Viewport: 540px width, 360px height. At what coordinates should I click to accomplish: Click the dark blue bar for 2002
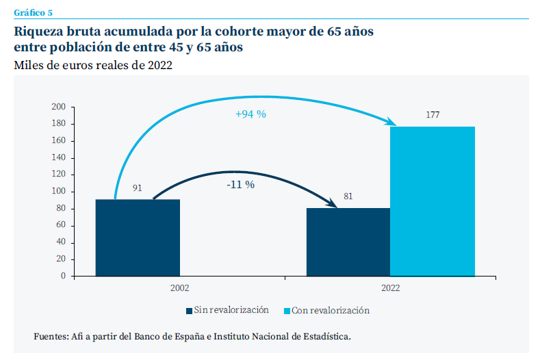[x=138, y=237]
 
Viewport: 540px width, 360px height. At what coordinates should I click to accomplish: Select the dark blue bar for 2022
[x=348, y=242]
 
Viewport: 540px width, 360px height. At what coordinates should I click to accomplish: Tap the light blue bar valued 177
[x=432, y=201]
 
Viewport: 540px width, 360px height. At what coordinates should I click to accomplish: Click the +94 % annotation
[x=250, y=115]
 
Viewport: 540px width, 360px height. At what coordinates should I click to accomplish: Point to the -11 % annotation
[x=240, y=184]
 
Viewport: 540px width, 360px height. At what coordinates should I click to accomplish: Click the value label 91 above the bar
[x=137, y=188]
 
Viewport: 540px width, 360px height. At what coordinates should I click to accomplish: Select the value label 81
[x=348, y=196]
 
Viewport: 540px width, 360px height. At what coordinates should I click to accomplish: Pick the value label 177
[x=432, y=115]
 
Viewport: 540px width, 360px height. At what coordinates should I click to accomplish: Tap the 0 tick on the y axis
[x=62, y=276]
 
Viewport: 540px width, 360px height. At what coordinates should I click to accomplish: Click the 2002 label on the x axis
[x=180, y=289]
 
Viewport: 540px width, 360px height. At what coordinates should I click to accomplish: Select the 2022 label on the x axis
[x=390, y=289]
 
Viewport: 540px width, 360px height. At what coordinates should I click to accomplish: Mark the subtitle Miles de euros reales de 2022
[x=92, y=66]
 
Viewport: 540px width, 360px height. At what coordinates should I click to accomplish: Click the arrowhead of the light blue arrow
[x=392, y=123]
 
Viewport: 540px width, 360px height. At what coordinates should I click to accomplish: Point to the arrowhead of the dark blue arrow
[x=334, y=203]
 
